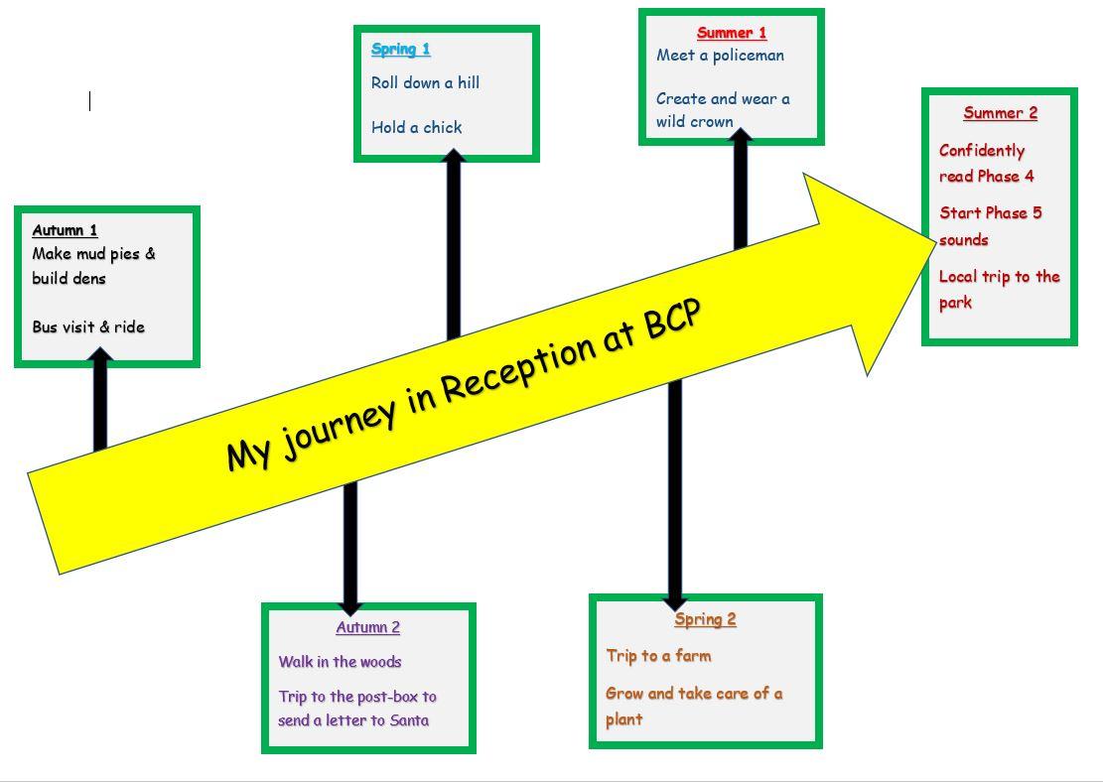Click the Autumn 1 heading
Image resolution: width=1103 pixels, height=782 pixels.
pos(65,230)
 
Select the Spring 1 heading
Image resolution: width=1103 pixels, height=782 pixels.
pos(401,49)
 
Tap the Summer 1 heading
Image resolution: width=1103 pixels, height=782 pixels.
pos(732,33)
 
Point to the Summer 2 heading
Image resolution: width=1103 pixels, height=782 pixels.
pos(1000,112)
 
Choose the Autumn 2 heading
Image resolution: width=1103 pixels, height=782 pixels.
pos(367,627)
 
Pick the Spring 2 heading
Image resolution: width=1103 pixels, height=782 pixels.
pos(705,619)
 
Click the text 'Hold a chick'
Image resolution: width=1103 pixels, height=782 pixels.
pos(417,127)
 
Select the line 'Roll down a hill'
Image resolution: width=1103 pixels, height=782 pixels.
pos(425,82)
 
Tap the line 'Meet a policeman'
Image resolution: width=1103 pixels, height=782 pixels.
pos(720,56)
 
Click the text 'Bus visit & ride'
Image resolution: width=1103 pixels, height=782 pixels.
pos(88,326)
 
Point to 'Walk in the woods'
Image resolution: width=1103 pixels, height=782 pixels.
pos(340,662)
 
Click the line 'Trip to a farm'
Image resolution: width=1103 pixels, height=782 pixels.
pos(658,656)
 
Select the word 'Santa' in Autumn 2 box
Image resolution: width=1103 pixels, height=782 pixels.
pos(409,720)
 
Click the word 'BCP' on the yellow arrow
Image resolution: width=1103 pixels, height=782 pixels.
pos(673,319)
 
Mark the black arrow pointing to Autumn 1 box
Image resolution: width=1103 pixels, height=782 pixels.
pos(100,402)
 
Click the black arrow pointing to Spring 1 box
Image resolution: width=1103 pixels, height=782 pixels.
pos(454,243)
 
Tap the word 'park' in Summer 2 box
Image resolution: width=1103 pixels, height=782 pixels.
pos(955,302)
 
